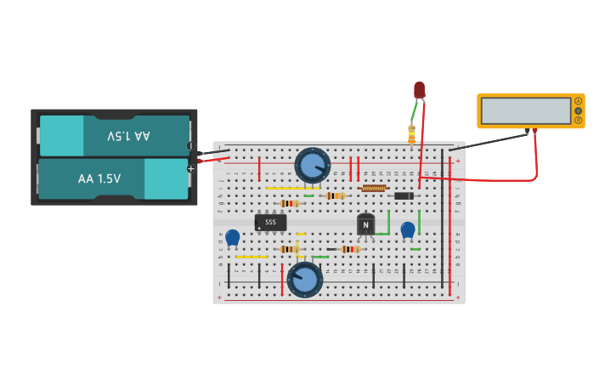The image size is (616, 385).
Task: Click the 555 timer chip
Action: click(x=270, y=223)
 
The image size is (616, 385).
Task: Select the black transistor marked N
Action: click(x=365, y=224)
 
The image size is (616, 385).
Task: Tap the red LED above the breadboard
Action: click(x=419, y=89)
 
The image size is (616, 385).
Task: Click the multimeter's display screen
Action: click(x=526, y=110)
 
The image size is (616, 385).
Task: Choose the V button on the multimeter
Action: click(x=579, y=110)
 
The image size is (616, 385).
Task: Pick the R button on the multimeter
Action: click(x=579, y=120)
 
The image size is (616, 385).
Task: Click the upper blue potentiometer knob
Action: click(x=312, y=165)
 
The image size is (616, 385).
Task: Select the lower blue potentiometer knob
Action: click(x=304, y=279)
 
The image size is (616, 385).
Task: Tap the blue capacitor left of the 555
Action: click(x=232, y=237)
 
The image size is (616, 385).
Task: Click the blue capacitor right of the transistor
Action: click(x=408, y=229)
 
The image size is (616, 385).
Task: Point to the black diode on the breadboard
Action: click(x=404, y=196)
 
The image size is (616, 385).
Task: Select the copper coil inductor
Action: click(x=374, y=188)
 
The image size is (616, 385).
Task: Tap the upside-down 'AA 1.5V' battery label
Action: click(x=128, y=136)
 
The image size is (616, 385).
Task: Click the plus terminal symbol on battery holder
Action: click(x=191, y=168)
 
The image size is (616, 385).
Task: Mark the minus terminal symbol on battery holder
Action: click(x=190, y=146)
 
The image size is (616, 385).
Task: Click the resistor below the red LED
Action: click(x=412, y=134)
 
